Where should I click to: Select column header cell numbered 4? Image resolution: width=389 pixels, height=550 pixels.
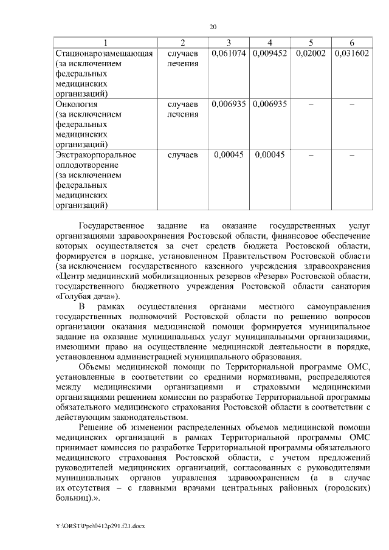point(270,42)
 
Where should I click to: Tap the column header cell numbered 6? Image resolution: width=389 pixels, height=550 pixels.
point(352,42)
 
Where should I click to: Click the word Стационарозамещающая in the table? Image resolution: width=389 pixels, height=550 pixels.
point(103,53)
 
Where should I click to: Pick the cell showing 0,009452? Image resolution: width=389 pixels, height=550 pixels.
point(270,53)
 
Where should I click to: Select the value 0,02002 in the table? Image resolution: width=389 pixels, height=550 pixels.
point(311,53)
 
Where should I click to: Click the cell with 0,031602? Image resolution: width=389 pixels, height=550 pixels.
point(352,53)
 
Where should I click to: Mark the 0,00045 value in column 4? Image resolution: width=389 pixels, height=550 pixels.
point(270,154)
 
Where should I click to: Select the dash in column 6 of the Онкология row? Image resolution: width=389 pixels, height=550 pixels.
point(352,104)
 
